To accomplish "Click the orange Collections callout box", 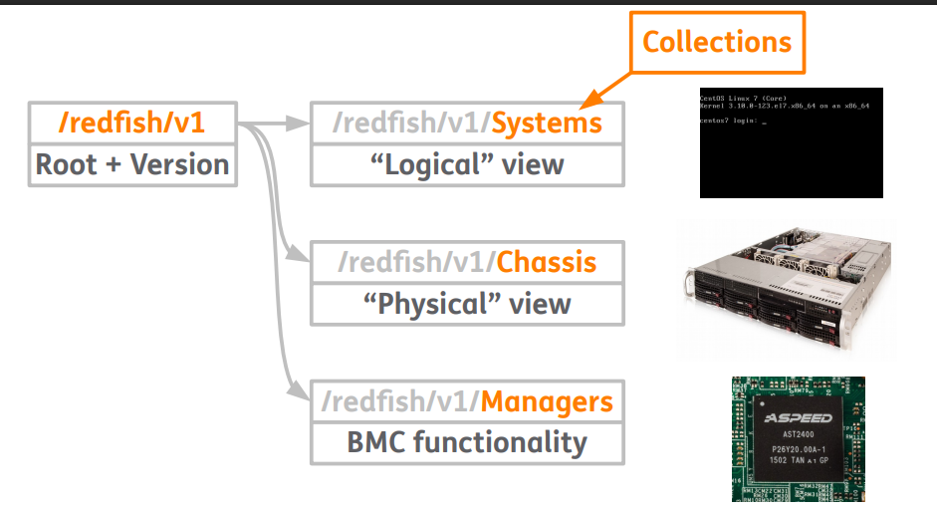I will pos(716,42).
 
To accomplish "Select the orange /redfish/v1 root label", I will pos(132,124).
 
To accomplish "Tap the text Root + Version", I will pos(132,163).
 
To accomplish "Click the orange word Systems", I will pos(547,123).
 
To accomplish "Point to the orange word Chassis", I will pos(546,263).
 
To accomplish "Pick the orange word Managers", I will pos(547,401).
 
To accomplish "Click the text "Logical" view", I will pos(467,163).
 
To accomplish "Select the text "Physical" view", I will pos(467,303).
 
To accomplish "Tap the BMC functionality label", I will pos(467,441).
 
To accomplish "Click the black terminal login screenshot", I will pos(791,142).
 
